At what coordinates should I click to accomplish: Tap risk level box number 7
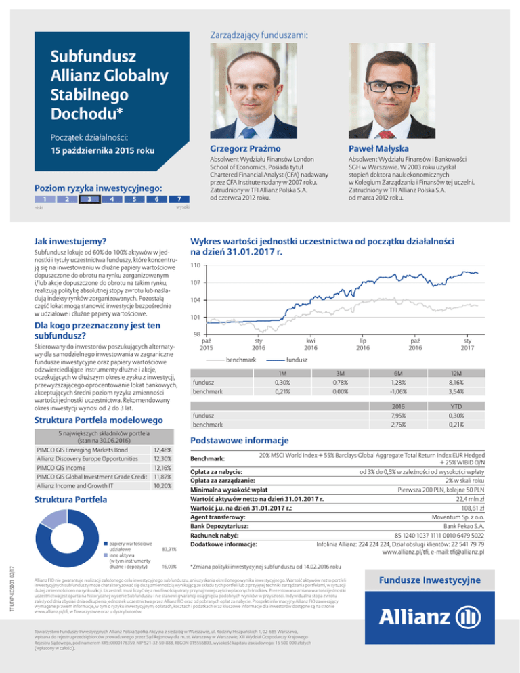click(x=178, y=200)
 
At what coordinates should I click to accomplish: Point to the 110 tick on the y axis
click(x=194, y=265)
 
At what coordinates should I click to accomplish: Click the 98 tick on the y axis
click(x=194, y=336)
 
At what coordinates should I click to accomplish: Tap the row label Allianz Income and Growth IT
click(x=68, y=486)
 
